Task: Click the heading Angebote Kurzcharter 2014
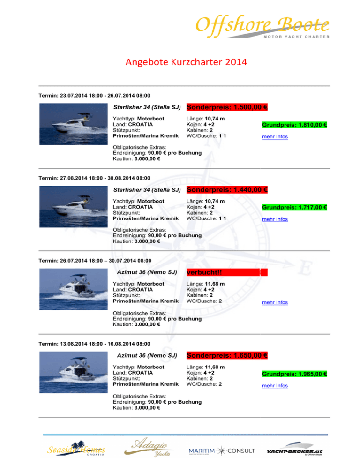tap(180, 63)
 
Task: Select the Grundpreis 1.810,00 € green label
tap(294, 126)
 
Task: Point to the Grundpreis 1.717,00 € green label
tap(294, 208)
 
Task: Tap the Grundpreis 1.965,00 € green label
tap(294, 374)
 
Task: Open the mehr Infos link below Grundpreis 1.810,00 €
tap(275, 137)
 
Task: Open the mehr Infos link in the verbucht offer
tap(275, 302)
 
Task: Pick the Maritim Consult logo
tap(222, 451)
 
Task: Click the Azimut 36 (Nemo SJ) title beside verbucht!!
tap(146, 273)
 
